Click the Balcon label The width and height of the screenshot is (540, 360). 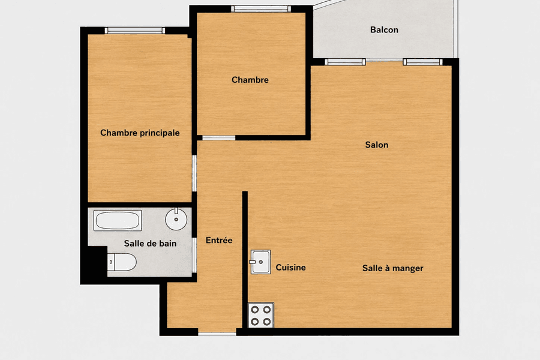pos(384,30)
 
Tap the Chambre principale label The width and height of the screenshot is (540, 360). pos(140,133)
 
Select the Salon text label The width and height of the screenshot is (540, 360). pos(377,145)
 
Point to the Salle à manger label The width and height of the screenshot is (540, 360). pos(392,268)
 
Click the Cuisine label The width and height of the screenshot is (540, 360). pos(290,268)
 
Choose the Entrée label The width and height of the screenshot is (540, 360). pos(219,240)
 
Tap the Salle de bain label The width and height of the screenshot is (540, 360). pos(150,244)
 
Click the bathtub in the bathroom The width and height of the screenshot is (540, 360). pos(118,220)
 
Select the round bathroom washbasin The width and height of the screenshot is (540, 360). pos(176,218)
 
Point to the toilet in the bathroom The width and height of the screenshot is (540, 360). pos(122,262)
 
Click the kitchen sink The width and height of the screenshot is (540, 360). pos(261,262)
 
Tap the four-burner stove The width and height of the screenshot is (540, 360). pos(261,315)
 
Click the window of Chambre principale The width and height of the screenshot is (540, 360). pos(134,31)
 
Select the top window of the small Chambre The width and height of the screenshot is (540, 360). pos(261,9)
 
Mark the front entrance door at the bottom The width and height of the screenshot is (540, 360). pos(217,334)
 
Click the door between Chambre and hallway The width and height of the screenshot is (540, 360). pos(218,138)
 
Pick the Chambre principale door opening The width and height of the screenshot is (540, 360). pos(194,173)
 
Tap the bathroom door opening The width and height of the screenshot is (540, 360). pos(194,255)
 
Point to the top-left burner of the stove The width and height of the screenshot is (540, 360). pos(255,310)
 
